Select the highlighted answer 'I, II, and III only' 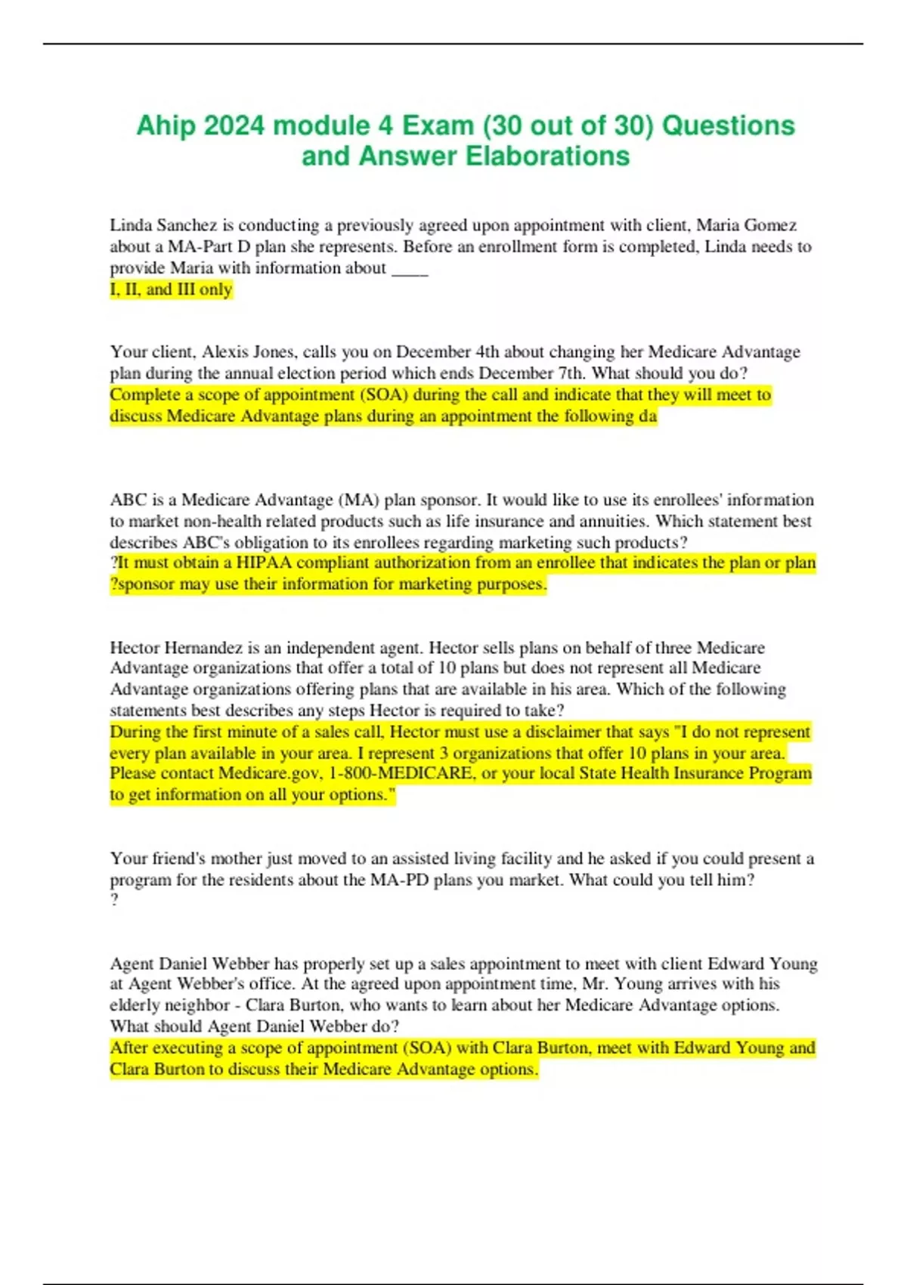point(171,290)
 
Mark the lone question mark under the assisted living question point(114,900)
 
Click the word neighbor point(197,1005)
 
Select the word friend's point(177,859)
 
